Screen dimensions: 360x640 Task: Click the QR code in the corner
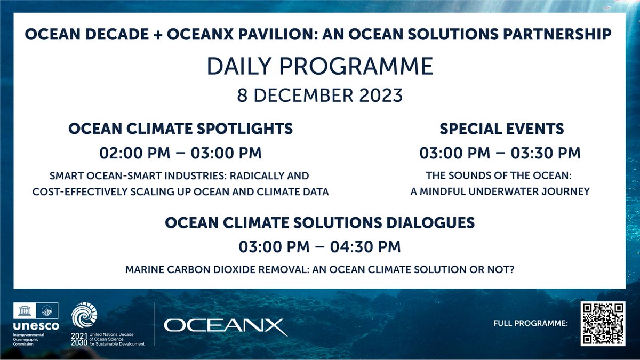(602, 324)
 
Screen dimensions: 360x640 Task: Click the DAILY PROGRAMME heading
(319, 67)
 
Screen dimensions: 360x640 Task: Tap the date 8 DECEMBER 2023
(319, 97)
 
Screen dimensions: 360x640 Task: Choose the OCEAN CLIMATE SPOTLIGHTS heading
(181, 129)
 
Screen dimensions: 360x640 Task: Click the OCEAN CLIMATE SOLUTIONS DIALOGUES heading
(319, 222)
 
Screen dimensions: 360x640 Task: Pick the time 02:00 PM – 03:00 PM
(181, 153)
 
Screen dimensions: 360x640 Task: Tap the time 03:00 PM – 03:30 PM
(500, 153)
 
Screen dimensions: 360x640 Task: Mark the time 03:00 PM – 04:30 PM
(319, 247)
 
